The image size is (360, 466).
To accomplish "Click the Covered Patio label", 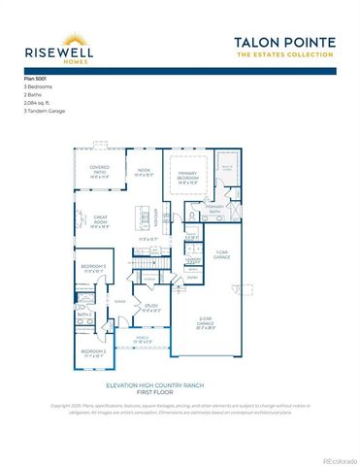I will pyautogui.click(x=98, y=172).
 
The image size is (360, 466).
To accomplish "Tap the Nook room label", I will pyautogui.click(x=144, y=172).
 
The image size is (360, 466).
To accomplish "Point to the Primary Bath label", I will pyautogui.click(x=215, y=210).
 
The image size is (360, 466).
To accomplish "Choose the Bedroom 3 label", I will pyautogui.click(x=93, y=268).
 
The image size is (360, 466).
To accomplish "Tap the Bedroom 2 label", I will pyautogui.click(x=93, y=352).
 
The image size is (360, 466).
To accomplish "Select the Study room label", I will pyautogui.click(x=152, y=309).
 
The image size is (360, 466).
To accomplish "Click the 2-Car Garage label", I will pyautogui.click(x=207, y=326).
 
